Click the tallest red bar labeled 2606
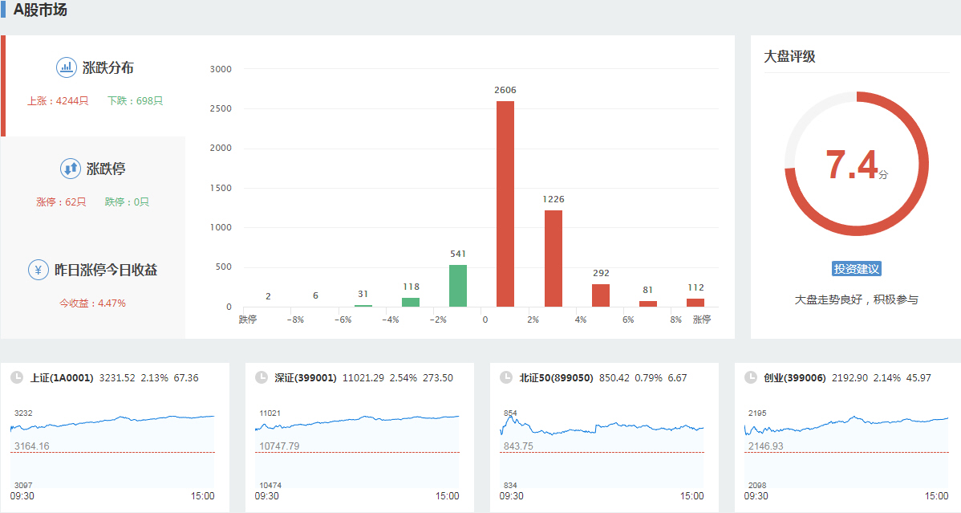coord(505,204)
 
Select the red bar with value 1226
coord(553,259)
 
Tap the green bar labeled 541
coord(458,286)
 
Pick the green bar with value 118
coord(411,302)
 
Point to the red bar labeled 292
coord(601,295)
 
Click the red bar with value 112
coord(695,303)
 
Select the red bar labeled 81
coord(648,303)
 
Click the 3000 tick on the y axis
coord(220,70)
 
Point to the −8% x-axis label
coord(295,320)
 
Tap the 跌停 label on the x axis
coord(248,320)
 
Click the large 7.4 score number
coord(852,166)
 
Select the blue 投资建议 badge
coord(857,269)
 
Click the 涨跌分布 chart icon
coord(66,67)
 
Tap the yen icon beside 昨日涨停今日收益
coord(38,270)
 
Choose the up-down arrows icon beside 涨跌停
coord(70,169)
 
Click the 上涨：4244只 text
coord(58,101)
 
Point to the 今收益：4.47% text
coord(92,303)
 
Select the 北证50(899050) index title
coord(556,377)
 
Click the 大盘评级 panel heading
coord(789,57)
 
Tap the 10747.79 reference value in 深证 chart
coord(279,446)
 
